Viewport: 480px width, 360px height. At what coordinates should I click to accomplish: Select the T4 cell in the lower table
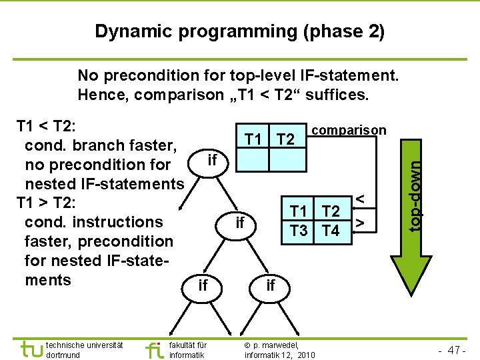point(331,231)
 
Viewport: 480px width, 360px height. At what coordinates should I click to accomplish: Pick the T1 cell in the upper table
point(254,139)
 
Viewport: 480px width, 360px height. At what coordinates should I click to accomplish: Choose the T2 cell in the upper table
point(286,139)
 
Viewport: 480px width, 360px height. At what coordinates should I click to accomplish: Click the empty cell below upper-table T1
point(254,160)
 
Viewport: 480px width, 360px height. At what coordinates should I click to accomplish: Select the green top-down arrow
point(415,200)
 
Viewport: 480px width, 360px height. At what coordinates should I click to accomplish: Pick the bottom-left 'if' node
point(203,285)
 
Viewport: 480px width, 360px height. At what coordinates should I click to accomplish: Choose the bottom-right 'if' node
point(270,285)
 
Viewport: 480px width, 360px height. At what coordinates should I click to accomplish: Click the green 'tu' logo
point(30,349)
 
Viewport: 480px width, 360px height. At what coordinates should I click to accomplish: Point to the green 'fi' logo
point(154,349)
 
